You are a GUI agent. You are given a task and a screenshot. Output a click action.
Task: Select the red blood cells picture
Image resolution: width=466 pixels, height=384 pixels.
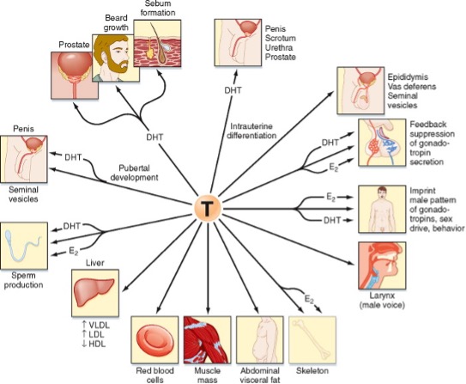click(x=155, y=341)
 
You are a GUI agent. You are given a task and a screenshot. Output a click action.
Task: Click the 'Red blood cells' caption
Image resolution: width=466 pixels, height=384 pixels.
click(x=155, y=373)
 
